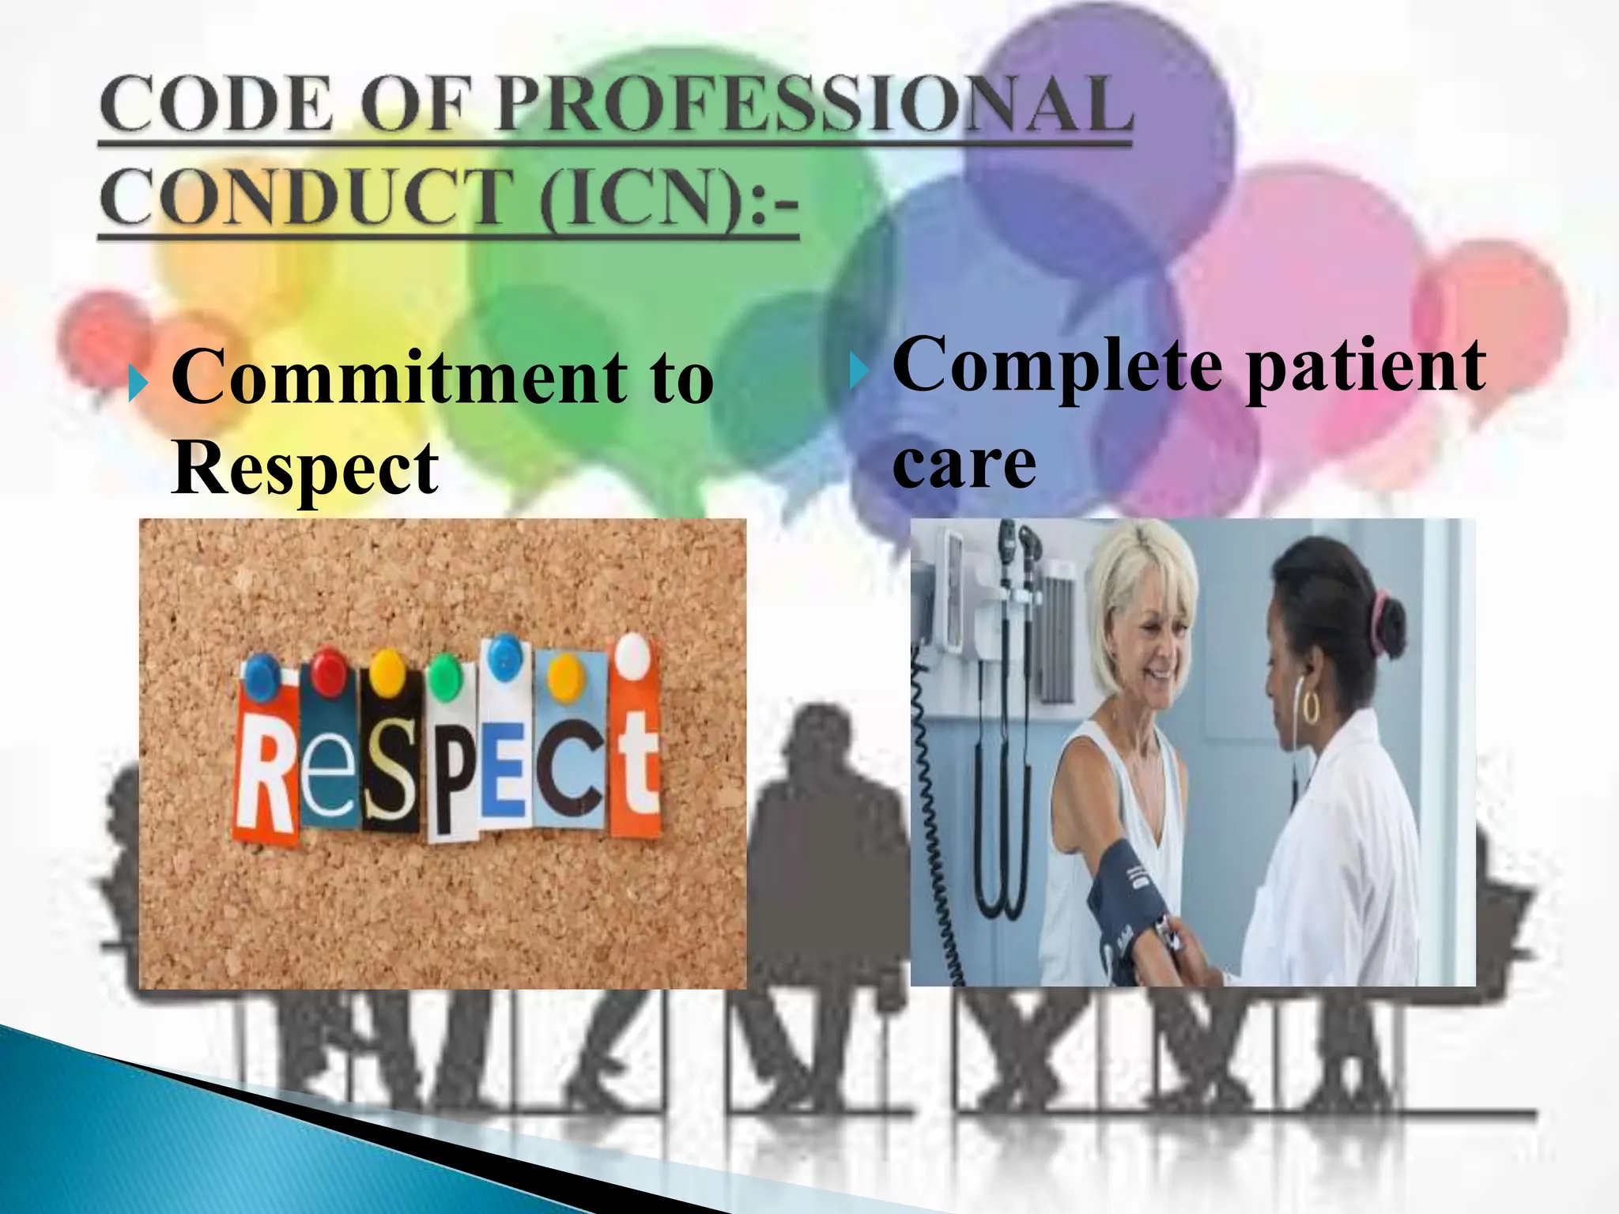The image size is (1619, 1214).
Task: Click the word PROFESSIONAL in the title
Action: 814,104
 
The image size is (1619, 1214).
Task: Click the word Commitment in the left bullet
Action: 399,378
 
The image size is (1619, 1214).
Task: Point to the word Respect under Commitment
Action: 304,468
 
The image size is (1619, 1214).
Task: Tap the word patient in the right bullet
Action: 1366,365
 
